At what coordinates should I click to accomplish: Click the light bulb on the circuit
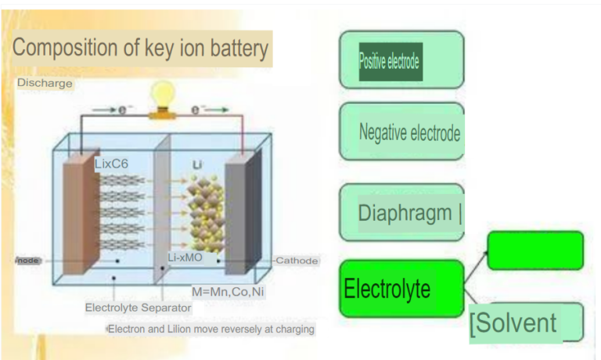[163, 95]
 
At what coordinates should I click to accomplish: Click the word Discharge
[45, 83]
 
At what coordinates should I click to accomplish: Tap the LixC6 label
[111, 164]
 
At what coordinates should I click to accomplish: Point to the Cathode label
[297, 261]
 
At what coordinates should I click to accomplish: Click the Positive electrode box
[401, 60]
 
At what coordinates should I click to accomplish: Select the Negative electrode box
[401, 131]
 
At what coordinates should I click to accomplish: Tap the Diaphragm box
[401, 212]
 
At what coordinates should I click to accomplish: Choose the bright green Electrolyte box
[401, 288]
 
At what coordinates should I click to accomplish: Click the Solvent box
[526, 322]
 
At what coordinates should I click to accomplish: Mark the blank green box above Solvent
[534, 250]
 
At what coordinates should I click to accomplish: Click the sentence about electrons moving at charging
[211, 329]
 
